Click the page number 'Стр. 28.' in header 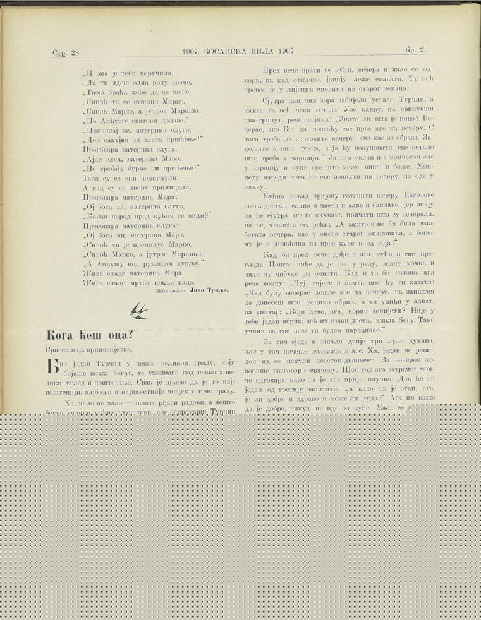coord(66,51)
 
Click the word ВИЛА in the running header coord(268,51)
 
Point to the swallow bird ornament coord(140,309)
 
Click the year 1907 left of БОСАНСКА coord(192,51)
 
